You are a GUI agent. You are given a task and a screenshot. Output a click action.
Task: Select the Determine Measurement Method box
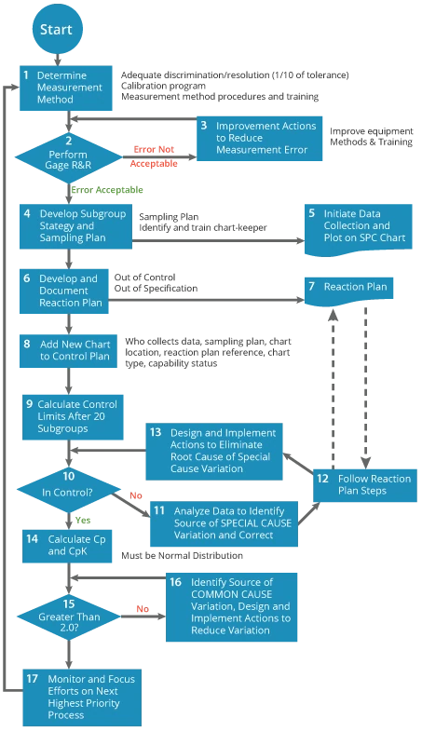tap(66, 87)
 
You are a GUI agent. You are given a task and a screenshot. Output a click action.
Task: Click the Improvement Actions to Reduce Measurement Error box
tap(258, 138)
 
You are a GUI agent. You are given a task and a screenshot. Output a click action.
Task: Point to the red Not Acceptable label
tap(155, 156)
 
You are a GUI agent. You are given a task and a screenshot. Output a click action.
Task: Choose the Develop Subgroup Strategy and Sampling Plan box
tap(76, 224)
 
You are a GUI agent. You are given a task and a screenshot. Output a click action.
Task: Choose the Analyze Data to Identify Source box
tap(223, 522)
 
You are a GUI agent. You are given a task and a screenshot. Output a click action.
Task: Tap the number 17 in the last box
tap(33, 678)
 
